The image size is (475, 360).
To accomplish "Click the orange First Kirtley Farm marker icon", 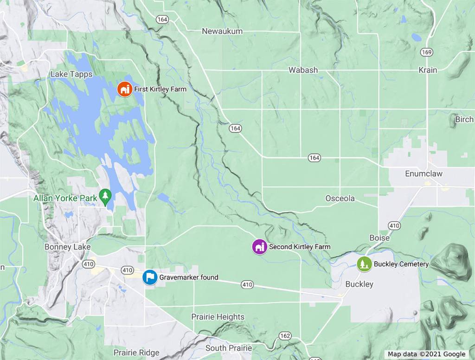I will pos(124,89).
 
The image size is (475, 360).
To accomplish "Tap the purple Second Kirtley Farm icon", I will pos(259,247).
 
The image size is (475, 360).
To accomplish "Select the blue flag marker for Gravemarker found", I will pos(149,277).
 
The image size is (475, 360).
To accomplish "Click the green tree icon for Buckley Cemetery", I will pos(365,264).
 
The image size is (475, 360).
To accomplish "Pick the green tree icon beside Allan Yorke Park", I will pos(106,198).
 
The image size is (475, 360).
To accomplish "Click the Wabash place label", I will pos(303,70).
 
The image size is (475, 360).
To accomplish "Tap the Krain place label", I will pos(427,70).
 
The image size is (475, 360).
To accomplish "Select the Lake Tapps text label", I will pos(71,74).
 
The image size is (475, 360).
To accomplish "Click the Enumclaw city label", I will pos(424,174).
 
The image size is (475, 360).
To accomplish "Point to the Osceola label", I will pos(340,198).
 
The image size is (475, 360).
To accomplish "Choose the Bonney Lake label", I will pos(67,247).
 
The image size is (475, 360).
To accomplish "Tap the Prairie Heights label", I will pos(218,317).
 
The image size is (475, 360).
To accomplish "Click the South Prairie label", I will pos(229,348).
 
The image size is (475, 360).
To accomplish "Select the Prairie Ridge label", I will pos(136,353).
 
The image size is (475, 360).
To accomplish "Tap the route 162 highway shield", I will pos(285,335).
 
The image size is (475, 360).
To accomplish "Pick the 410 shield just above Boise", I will pos(394,226).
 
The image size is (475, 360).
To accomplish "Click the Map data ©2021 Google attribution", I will pos(426,354).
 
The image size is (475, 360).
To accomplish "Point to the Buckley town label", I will pos(359,284).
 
